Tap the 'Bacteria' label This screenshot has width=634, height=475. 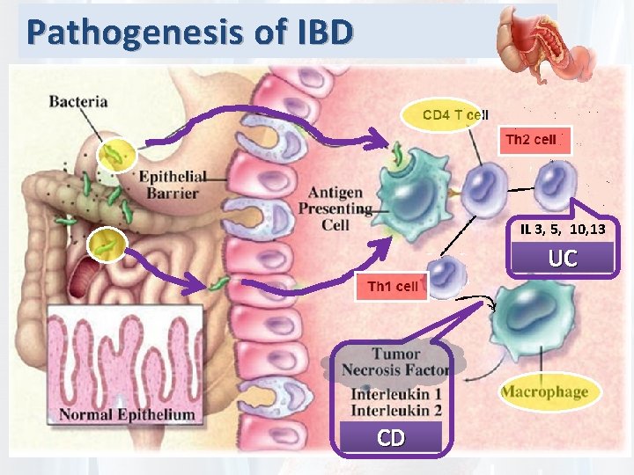(78, 100)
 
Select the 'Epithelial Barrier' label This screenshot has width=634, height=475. (173, 184)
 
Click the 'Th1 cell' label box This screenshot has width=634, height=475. (392, 286)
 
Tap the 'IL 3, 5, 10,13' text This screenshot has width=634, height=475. (562, 229)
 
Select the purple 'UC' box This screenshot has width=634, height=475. (563, 258)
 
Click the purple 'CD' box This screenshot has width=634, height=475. (392, 436)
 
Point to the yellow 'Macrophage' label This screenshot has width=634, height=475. (545, 391)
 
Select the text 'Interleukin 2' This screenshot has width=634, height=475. (395, 409)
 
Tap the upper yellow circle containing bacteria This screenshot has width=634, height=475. (114, 157)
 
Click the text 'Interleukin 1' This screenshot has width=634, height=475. (395, 393)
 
